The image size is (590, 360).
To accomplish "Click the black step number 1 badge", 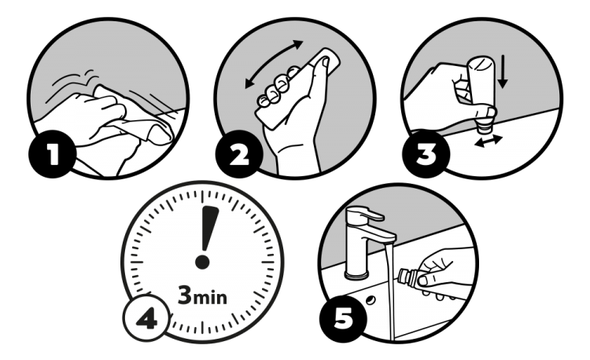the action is tap(52, 154).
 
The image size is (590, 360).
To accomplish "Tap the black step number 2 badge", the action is tap(239, 154).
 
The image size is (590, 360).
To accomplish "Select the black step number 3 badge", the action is tap(426, 154).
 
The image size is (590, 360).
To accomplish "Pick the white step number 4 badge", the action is tap(147, 318).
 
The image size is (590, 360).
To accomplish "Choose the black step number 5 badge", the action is tap(343, 319).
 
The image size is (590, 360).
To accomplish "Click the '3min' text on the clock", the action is tap(202, 296).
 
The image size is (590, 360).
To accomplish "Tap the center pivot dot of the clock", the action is tap(202, 262).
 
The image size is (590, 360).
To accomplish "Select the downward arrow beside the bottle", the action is tap(503, 72).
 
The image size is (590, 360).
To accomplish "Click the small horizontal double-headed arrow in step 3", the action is tap(489, 141).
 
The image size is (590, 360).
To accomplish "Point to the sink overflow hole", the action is tap(371, 300).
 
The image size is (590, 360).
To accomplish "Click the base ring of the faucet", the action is tap(356, 276).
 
